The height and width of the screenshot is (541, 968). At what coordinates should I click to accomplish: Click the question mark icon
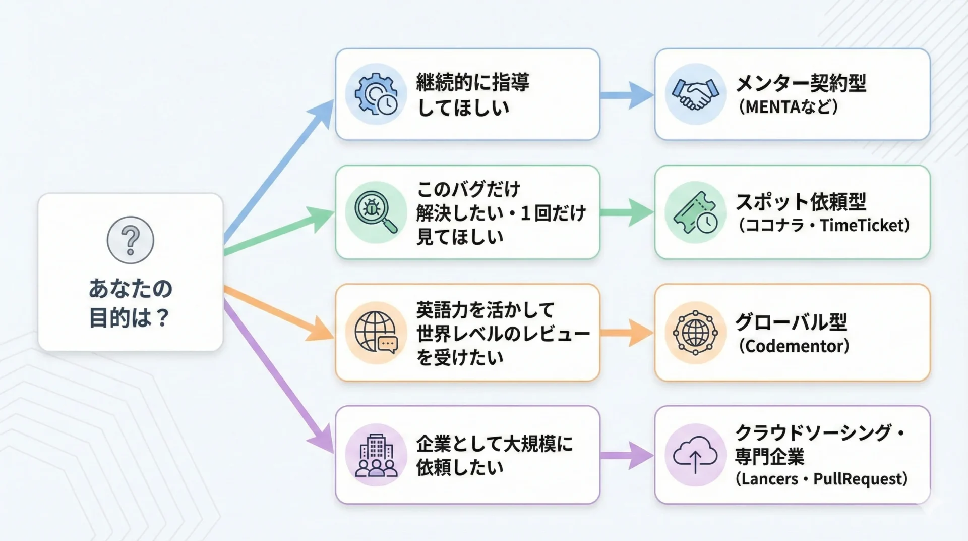point(131,240)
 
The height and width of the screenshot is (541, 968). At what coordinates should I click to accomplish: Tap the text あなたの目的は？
point(131,303)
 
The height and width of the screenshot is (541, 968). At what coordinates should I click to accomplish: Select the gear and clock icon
point(376,94)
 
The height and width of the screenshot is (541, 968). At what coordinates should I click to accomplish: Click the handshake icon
point(695,94)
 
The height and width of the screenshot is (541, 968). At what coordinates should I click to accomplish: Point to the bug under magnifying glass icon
point(376,212)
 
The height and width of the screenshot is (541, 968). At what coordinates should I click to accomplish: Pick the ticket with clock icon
point(695,212)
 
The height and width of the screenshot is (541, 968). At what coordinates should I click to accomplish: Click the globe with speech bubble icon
point(376,333)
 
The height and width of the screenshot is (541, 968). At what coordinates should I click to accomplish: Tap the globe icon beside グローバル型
point(695,333)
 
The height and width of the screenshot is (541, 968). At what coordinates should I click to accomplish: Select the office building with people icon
point(376,455)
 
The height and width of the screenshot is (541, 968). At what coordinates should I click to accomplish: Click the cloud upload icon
point(695,455)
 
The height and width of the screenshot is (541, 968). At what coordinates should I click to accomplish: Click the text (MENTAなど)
point(788,107)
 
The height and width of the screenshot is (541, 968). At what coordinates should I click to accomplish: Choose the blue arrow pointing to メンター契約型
point(627,95)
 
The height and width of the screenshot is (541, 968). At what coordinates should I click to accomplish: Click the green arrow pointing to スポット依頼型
point(627,212)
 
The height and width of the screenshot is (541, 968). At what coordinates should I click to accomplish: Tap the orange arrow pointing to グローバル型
point(627,333)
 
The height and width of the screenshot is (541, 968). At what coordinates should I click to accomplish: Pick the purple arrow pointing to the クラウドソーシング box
point(627,455)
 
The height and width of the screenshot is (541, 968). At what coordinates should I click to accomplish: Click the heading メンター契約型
point(801,83)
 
